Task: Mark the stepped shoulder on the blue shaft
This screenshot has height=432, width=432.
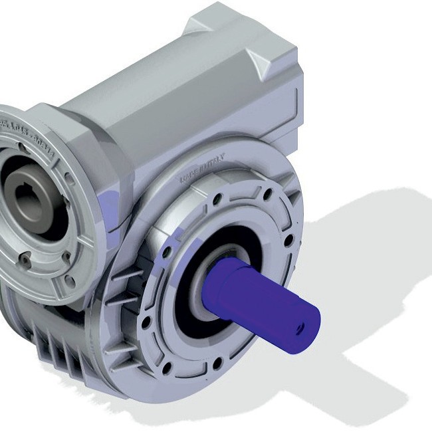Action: tap(229, 279)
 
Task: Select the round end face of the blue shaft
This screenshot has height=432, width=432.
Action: tap(299, 327)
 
